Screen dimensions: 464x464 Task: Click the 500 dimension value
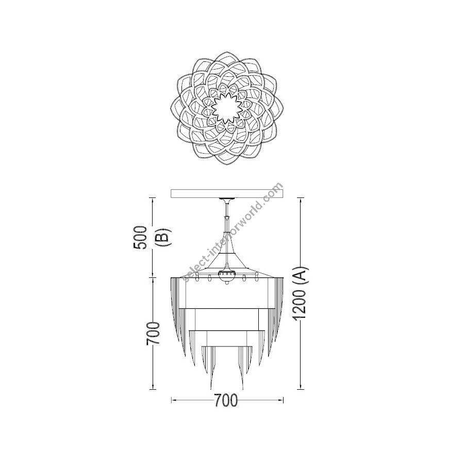pyautogui.click(x=140, y=238)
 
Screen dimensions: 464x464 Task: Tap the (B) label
pyautogui.click(x=163, y=238)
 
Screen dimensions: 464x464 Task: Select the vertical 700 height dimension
pyautogui.click(x=153, y=333)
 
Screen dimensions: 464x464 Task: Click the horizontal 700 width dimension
pyautogui.click(x=226, y=401)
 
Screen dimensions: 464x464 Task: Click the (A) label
pyautogui.click(x=301, y=277)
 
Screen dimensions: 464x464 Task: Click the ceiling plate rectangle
pyautogui.click(x=227, y=193)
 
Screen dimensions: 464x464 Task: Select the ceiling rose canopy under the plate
pyautogui.click(x=227, y=201)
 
